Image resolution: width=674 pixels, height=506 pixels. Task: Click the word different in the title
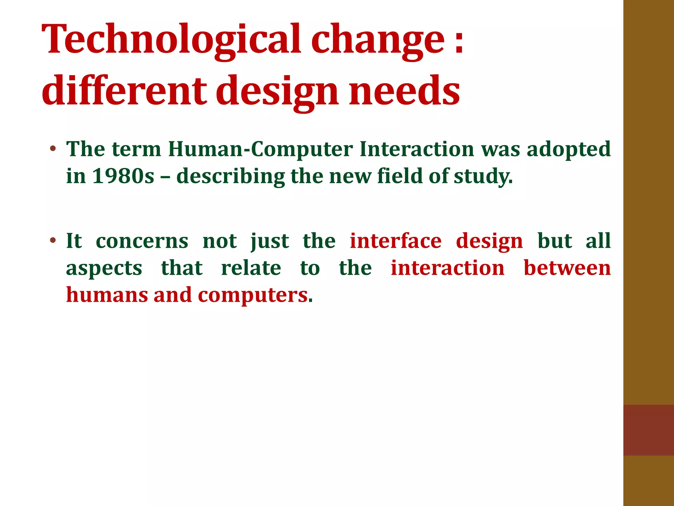(124, 91)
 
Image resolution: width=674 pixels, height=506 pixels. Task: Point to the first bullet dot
(53, 149)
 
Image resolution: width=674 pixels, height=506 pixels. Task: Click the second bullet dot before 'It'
(53, 240)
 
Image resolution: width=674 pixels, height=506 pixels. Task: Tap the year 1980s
(123, 176)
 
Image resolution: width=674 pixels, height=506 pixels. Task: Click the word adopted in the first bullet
(569, 150)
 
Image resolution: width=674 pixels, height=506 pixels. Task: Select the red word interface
(396, 241)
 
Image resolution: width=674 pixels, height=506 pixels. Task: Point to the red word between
(567, 268)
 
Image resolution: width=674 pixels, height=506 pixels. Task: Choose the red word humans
(107, 295)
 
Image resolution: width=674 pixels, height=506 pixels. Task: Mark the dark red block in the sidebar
(648, 430)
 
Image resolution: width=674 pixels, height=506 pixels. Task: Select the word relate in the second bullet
(251, 268)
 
